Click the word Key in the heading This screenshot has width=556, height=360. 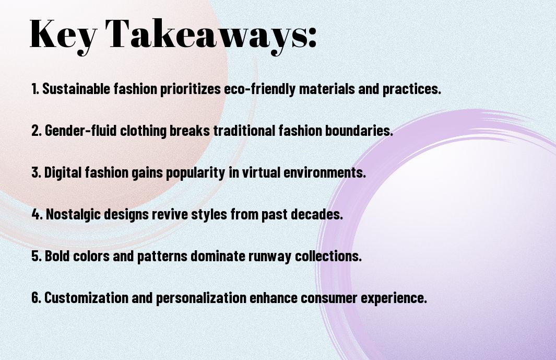(x=62, y=34)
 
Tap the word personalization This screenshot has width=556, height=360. (x=202, y=298)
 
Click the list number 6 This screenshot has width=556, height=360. (x=35, y=298)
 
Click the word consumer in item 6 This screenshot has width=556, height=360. (x=319, y=298)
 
